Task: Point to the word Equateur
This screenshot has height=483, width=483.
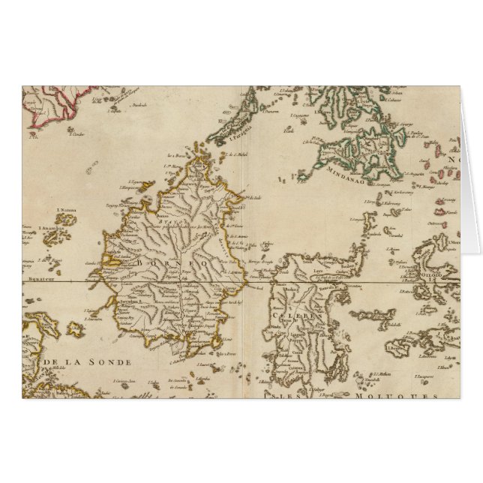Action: coord(42,274)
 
